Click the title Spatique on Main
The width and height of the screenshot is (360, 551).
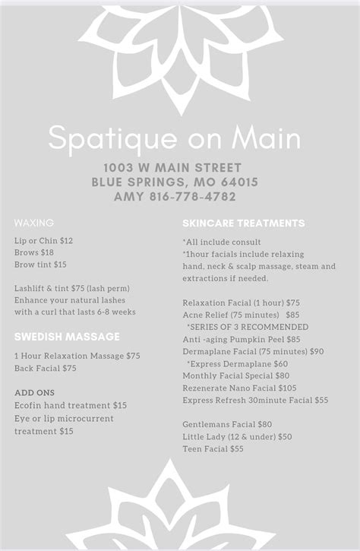(175, 138)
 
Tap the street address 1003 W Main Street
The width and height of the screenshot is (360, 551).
(173, 168)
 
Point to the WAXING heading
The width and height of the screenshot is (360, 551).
(34, 223)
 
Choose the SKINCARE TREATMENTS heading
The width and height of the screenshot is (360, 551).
(244, 223)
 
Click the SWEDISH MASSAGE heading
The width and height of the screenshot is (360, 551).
(67, 337)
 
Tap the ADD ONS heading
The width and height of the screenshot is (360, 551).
(34, 393)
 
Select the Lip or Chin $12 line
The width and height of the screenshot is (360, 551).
(44, 241)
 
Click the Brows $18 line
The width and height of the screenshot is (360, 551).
(34, 252)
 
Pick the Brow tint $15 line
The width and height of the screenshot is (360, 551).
(40, 264)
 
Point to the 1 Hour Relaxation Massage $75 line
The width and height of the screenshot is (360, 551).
(77, 356)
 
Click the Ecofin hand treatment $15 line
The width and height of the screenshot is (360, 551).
(71, 406)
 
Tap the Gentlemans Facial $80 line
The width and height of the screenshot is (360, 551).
(227, 425)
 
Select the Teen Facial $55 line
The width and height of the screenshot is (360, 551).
(213, 449)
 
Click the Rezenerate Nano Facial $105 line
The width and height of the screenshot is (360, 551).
(240, 388)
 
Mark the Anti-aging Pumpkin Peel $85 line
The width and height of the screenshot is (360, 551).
(242, 339)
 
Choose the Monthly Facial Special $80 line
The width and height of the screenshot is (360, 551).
(236, 375)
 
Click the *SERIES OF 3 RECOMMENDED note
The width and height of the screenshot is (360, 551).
(248, 327)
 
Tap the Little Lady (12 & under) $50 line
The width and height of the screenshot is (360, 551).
(237, 437)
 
